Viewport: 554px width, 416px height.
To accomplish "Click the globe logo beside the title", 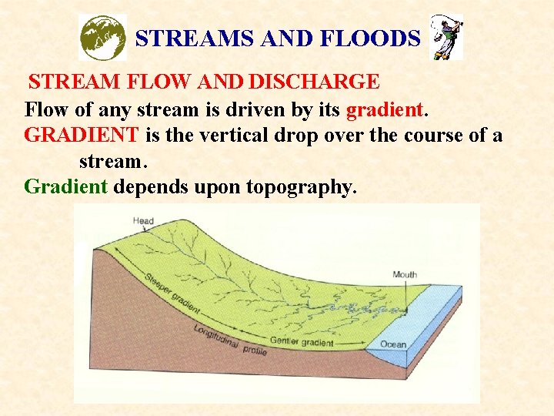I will [103, 38].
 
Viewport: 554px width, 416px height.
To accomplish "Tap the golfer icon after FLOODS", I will [446, 37].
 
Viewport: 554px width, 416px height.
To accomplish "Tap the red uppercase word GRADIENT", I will [82, 136].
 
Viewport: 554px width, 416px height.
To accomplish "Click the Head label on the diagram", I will [143, 221].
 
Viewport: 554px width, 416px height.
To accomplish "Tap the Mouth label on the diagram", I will [405, 275].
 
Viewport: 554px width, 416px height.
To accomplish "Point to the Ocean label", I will [393, 344].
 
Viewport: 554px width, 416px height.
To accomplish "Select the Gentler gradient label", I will [302, 341].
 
